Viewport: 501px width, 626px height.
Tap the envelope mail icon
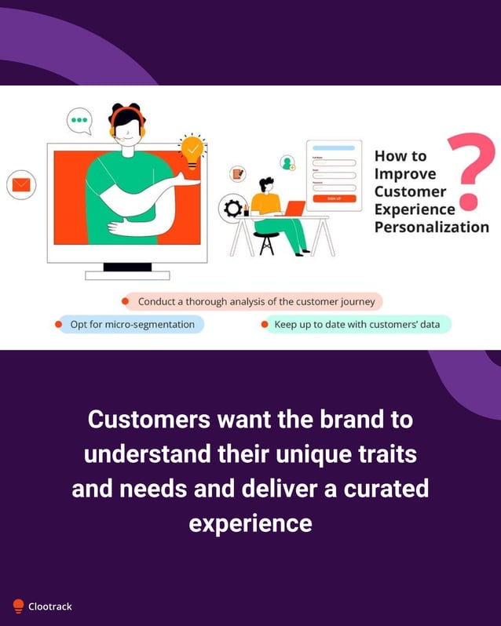21,185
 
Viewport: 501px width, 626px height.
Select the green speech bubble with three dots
79,121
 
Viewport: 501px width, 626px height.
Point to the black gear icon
232,208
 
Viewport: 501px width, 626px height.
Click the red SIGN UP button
335,198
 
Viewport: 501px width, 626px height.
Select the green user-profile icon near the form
287,162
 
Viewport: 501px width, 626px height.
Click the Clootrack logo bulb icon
18,606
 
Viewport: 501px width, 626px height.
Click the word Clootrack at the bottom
50,606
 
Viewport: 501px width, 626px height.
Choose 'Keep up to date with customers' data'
357,324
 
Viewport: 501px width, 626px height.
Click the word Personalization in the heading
431,227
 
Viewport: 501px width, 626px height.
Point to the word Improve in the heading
405,173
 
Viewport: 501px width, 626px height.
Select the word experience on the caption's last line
251,522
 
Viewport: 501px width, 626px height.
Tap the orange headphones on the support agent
128,122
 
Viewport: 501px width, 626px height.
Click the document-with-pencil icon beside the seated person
237,173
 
